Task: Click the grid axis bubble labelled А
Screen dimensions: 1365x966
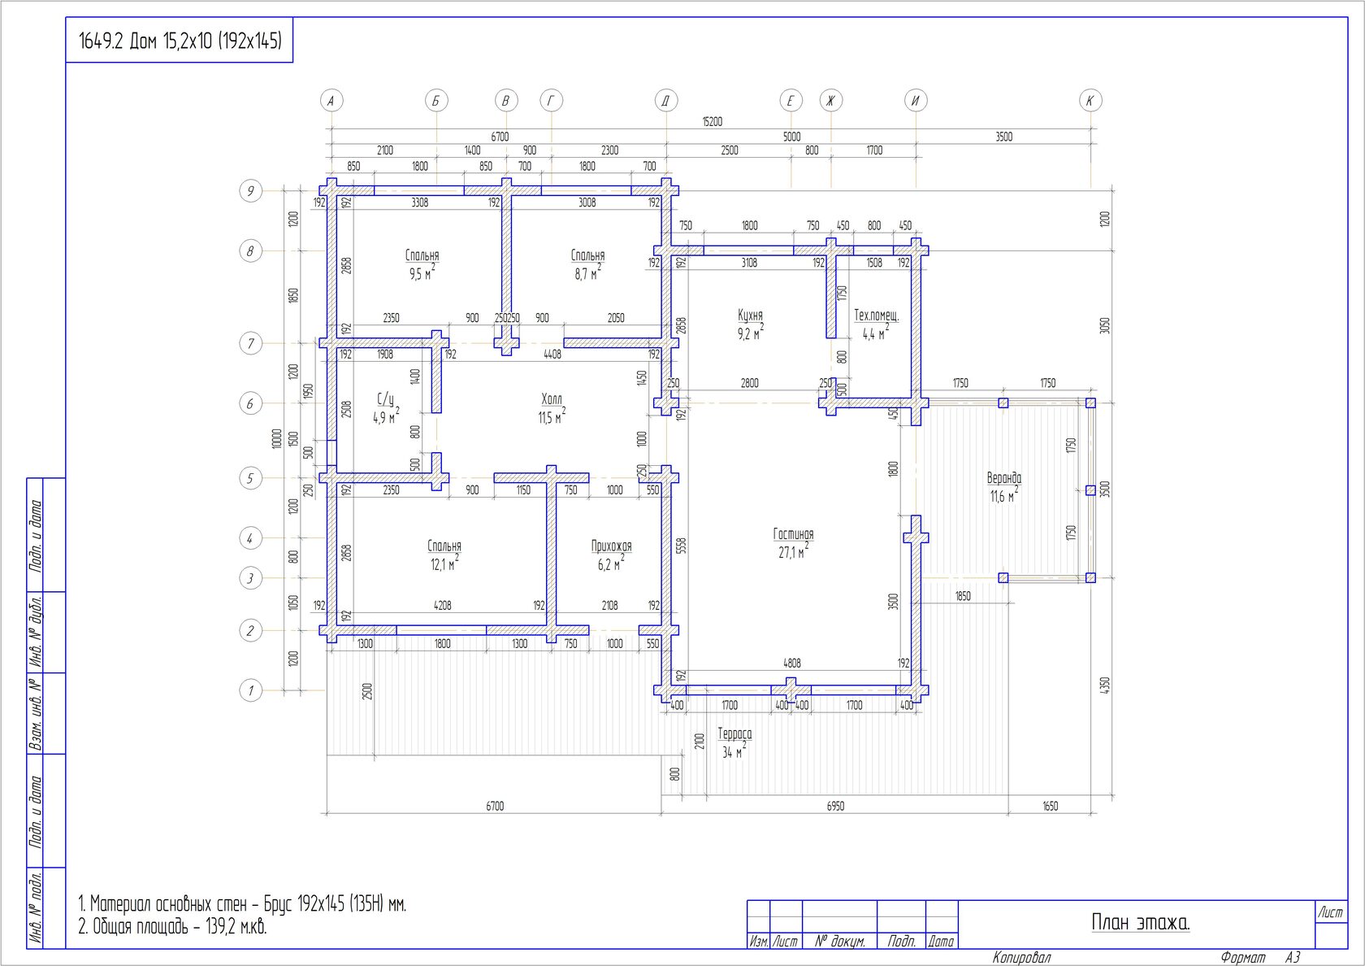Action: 331,101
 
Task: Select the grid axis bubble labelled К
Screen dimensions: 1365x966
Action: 1090,101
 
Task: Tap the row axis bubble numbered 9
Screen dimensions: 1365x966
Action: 250,191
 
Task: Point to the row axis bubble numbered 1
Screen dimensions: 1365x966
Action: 250,690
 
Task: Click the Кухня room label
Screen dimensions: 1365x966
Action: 750,315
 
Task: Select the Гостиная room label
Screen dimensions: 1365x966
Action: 793,534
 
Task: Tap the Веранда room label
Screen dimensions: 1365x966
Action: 1003,478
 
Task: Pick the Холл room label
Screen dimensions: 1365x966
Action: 552,399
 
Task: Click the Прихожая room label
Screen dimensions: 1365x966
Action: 611,546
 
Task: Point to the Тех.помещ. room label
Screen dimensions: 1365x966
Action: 876,315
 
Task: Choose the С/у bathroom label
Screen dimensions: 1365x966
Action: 385,399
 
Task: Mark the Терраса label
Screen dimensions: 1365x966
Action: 734,733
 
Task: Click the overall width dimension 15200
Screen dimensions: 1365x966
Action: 712,122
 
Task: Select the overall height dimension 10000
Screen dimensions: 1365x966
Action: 276,439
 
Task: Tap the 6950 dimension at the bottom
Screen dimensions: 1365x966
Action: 835,807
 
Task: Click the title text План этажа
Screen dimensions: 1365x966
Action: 1140,922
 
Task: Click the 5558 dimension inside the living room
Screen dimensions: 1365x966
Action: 681,546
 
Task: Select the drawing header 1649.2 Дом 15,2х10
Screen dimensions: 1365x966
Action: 180,41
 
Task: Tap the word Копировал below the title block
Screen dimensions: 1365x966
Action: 1021,958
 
